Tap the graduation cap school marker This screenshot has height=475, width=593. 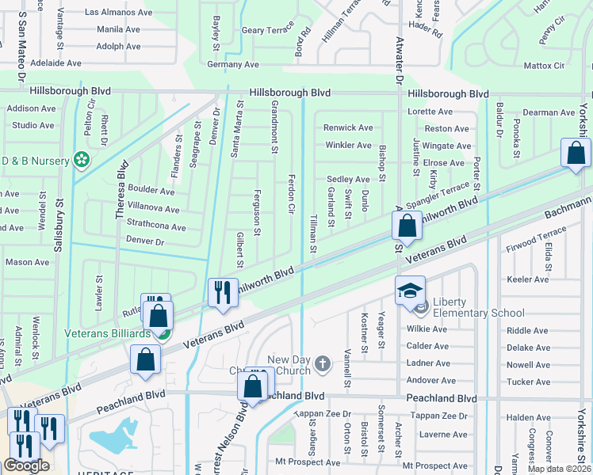pyautogui.click(x=411, y=291)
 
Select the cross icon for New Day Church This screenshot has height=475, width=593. pyautogui.click(x=322, y=364)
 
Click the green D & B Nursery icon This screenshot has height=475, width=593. pyautogui.click(x=81, y=160)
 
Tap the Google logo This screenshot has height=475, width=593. pyautogui.click(x=26, y=465)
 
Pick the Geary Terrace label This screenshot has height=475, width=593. pyautogui.click(x=268, y=30)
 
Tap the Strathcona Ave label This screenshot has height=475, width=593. pyautogui.click(x=156, y=227)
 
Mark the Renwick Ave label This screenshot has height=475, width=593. pyautogui.click(x=348, y=127)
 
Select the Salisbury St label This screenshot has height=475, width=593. pyautogui.click(x=57, y=226)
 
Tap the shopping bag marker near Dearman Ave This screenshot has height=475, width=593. pyautogui.click(x=576, y=152)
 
